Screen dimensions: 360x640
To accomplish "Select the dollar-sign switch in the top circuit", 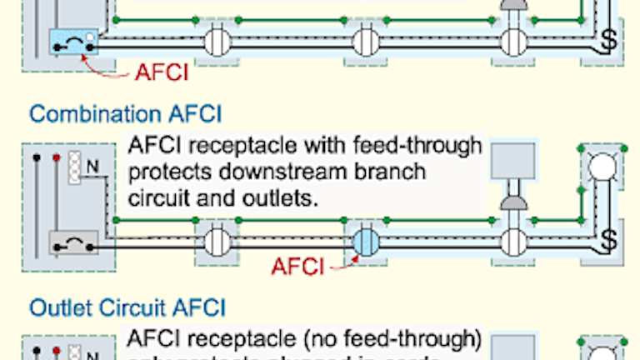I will coord(611,40).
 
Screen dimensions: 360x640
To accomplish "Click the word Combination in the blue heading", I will coord(86,113).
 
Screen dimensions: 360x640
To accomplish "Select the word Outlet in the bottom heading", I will coord(57,308).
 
